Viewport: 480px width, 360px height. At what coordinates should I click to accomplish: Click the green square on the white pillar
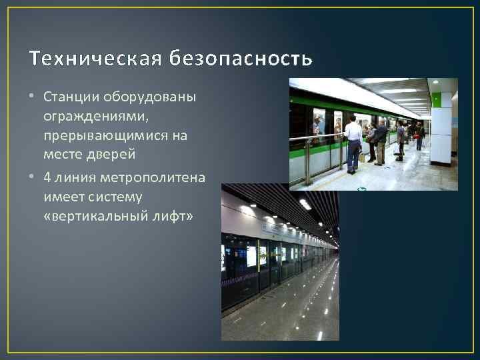437,101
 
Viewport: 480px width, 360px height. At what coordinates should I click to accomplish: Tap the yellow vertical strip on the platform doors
258,263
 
